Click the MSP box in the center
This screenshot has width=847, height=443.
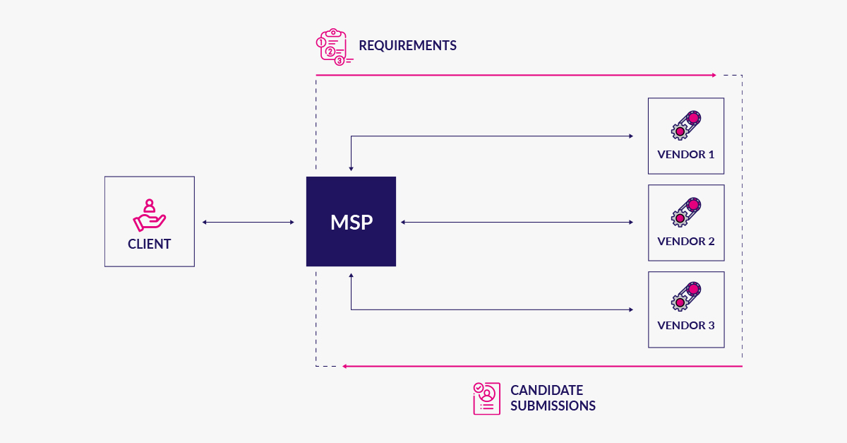pyautogui.click(x=351, y=222)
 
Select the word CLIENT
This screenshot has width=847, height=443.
pyautogui.click(x=149, y=244)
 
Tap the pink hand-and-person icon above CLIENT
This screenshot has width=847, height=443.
pyautogui.click(x=149, y=215)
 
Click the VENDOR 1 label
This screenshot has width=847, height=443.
pyautogui.click(x=685, y=154)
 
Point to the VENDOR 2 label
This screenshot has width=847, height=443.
pyautogui.click(x=685, y=241)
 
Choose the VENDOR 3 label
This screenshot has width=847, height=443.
pyautogui.click(x=685, y=326)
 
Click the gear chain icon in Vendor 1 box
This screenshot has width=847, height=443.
pyautogui.click(x=685, y=124)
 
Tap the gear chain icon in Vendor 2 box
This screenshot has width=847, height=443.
pyautogui.click(x=685, y=211)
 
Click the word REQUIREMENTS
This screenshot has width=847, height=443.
pyautogui.click(x=407, y=46)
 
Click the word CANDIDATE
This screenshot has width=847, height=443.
pyautogui.click(x=546, y=390)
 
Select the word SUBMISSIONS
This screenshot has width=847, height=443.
pyautogui.click(x=553, y=406)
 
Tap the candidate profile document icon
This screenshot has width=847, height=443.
pyautogui.click(x=486, y=398)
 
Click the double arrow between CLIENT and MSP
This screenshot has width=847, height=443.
pyautogui.click(x=248, y=223)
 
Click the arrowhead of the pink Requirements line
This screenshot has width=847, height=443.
pyautogui.click(x=714, y=75)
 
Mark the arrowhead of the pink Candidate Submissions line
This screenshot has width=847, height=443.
pyautogui.click(x=344, y=366)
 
